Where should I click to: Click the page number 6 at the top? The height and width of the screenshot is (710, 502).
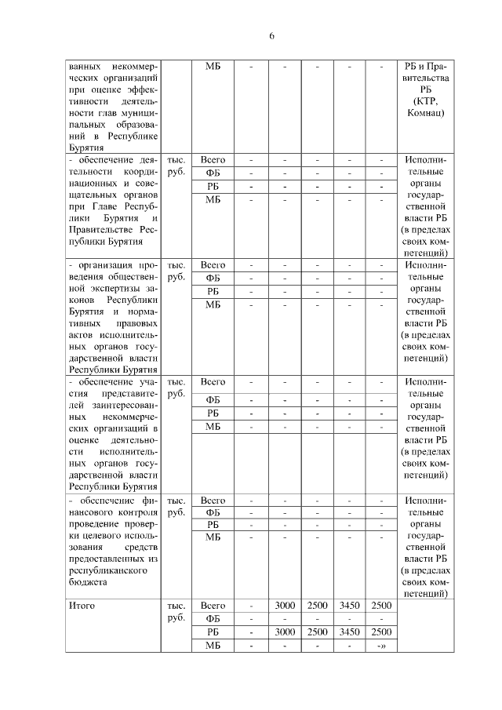click(271, 36)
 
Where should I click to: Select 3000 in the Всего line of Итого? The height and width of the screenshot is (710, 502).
click(285, 606)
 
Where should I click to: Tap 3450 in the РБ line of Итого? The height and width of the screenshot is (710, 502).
click(349, 632)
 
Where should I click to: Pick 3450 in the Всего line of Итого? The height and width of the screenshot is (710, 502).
click(349, 606)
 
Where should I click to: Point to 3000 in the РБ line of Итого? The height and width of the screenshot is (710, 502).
click(285, 632)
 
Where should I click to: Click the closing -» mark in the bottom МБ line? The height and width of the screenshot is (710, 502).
click(381, 645)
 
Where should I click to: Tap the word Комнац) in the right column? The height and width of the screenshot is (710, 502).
click(427, 114)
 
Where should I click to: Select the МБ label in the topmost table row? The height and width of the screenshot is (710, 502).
click(213, 66)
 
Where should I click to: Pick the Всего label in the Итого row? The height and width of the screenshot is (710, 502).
click(213, 606)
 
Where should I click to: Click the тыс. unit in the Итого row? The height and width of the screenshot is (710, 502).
click(176, 606)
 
